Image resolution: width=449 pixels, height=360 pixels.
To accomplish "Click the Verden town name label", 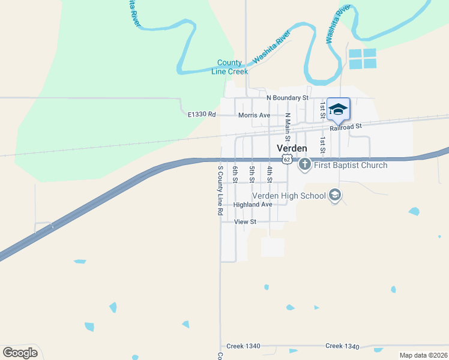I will pos(292,148).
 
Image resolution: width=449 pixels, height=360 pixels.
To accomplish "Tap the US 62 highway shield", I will pos(288,159).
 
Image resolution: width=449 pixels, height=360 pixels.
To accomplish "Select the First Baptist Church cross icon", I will pos(304,164).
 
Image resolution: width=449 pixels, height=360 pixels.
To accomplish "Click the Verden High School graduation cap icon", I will pos(335,195).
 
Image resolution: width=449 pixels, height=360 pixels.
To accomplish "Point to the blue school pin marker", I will pos(338,109).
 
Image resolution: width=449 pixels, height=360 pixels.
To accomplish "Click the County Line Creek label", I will pos(229,67).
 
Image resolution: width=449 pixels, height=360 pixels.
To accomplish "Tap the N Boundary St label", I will pos(287,97).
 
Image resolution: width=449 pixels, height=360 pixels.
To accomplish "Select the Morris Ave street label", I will pos(254,115).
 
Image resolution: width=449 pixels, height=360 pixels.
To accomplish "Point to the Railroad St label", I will pos(346,127).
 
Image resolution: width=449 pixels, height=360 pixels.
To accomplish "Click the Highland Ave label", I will pos(253,205).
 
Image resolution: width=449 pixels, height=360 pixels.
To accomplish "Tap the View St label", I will pos(245,222).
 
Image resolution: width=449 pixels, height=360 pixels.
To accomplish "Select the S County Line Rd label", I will pos(220,190).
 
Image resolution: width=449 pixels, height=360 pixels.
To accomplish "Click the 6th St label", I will pos(235,174).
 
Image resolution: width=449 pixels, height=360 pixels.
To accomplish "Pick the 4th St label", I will pos(270,174).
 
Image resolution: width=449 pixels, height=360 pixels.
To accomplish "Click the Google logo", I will pos(20,353).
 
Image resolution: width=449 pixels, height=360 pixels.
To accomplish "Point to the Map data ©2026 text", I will pos(423,355).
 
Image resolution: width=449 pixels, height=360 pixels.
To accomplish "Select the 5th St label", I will pos(252,174).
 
